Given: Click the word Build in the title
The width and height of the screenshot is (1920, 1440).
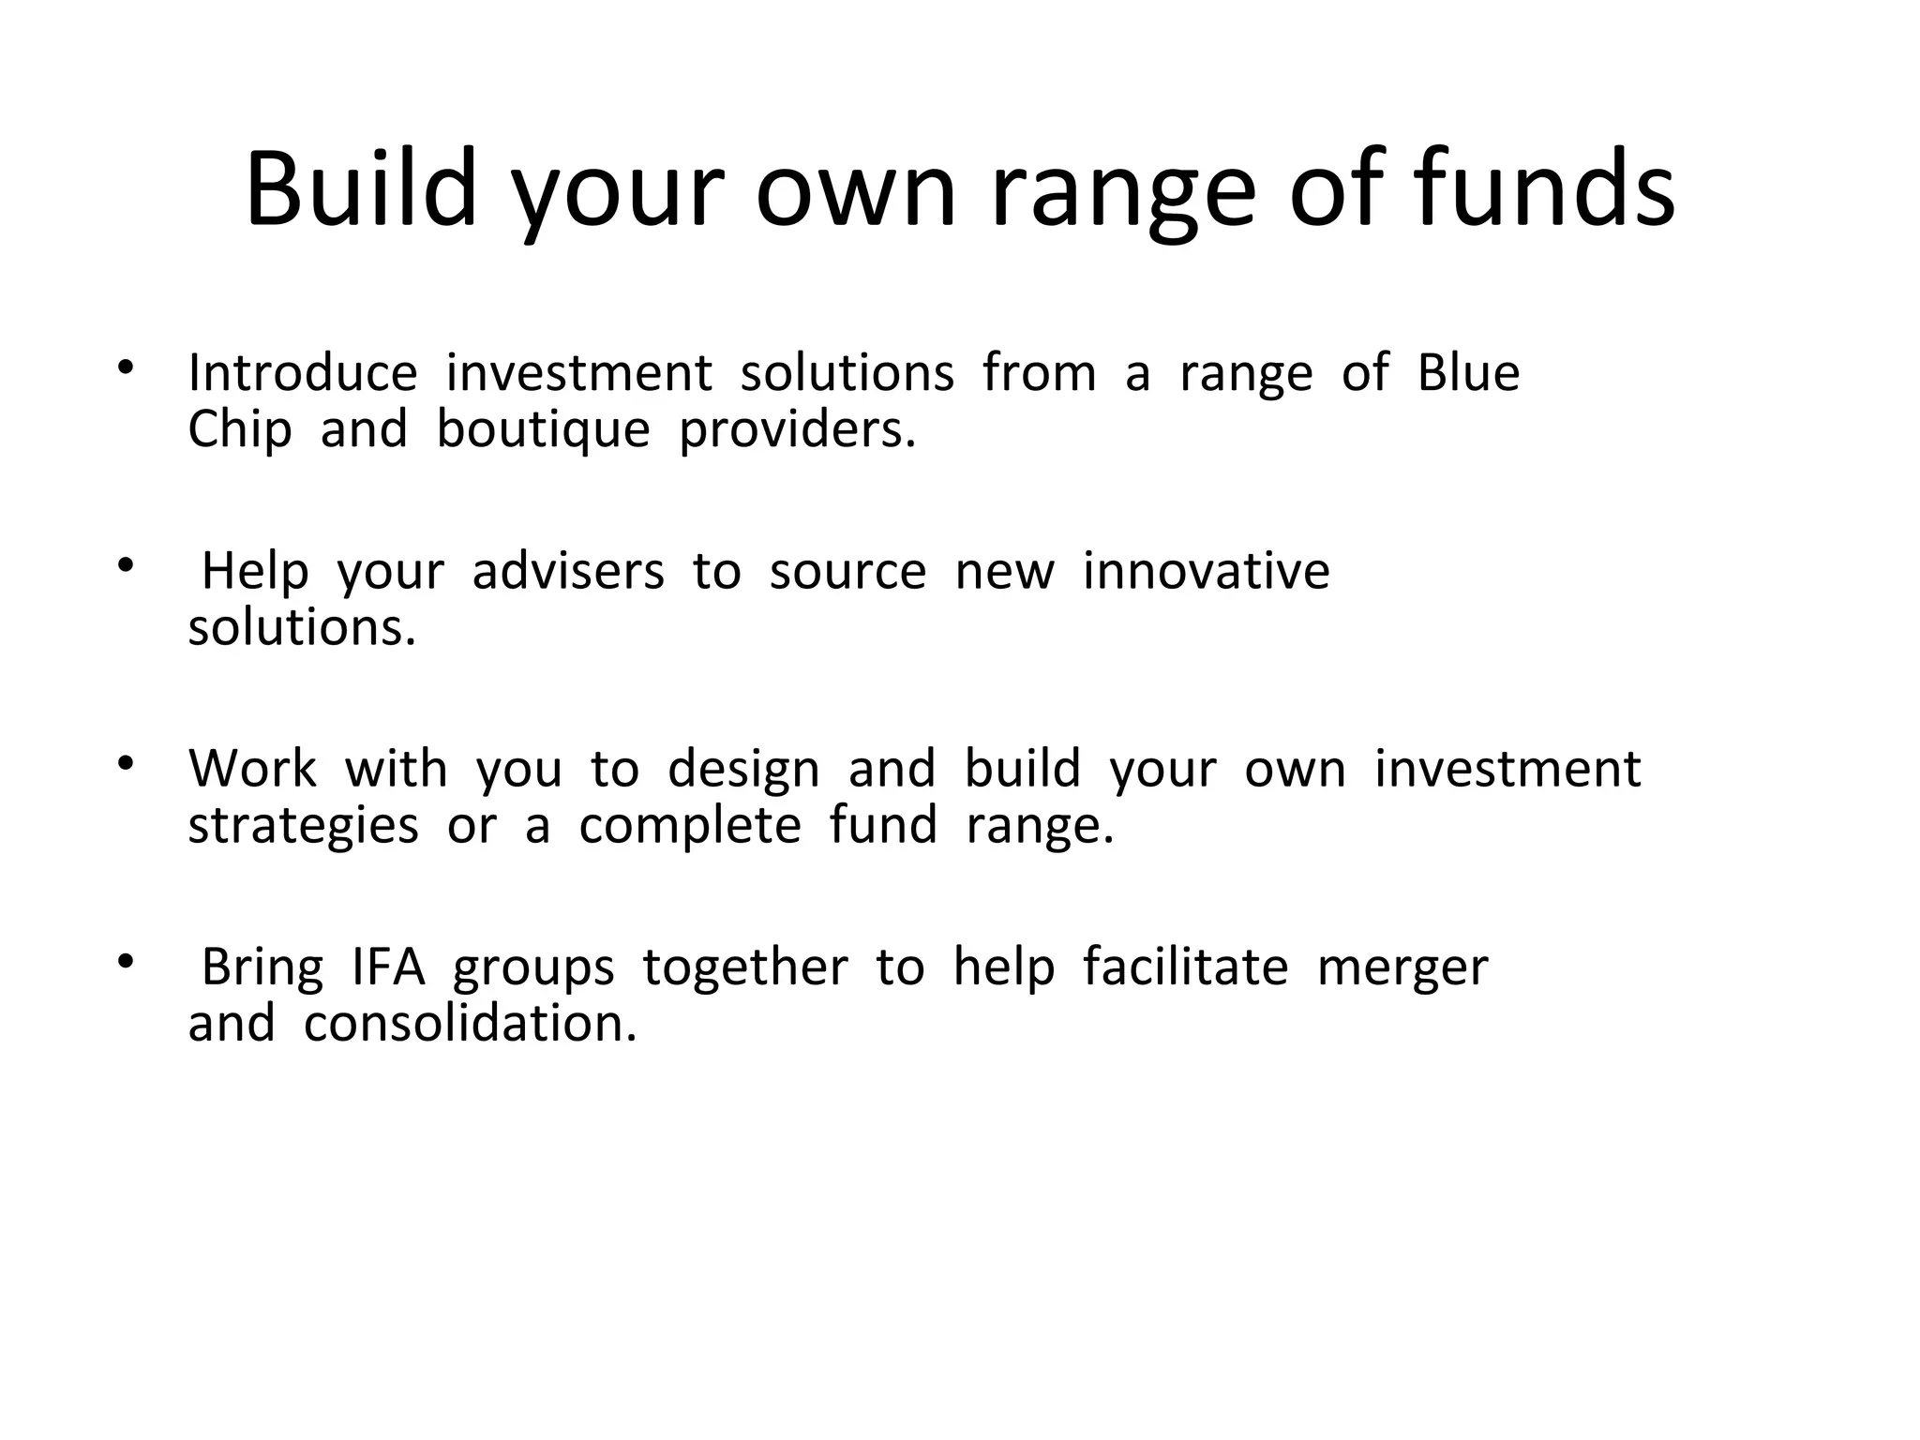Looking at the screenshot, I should (361, 190).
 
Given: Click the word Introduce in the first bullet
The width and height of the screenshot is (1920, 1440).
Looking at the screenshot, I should (302, 373).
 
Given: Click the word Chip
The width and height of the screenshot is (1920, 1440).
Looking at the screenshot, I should (239, 430).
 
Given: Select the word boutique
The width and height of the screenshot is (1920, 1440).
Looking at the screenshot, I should (543, 430).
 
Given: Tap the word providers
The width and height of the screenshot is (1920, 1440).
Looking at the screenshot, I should (797, 430).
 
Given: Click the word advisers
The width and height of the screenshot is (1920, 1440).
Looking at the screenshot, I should (567, 571).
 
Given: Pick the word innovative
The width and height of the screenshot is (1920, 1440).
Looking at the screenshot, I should (1206, 571).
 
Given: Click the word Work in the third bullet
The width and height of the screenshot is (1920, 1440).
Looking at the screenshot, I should (252, 769).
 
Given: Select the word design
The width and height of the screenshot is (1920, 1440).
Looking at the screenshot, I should (743, 771).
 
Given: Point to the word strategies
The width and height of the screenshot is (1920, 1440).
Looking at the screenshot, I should (303, 827).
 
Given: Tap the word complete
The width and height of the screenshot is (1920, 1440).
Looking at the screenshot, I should (690, 827).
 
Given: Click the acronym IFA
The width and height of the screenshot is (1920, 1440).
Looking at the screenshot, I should (388, 967).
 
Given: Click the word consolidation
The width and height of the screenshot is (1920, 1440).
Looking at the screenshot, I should (470, 1024).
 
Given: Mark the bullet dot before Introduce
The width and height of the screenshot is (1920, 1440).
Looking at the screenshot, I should (126, 367).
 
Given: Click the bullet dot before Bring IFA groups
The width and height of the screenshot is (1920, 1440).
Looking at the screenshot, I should (126, 961).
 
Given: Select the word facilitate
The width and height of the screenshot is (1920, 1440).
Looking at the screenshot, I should (1185, 967).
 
